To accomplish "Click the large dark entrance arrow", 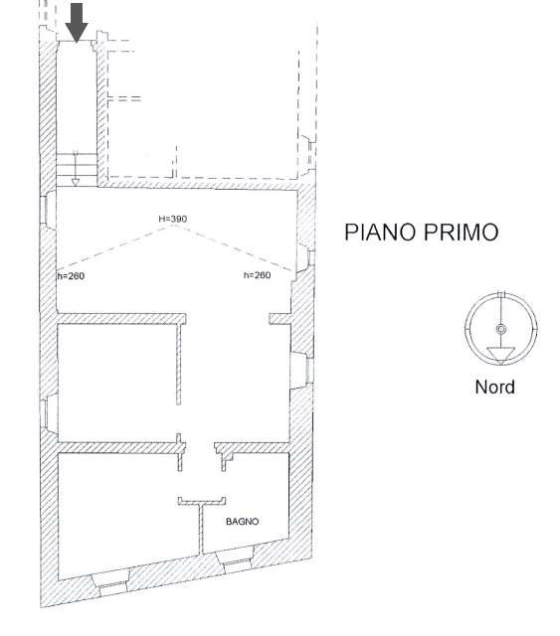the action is click(x=77, y=22).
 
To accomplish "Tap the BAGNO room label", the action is click(x=242, y=521).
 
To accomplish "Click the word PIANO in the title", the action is click(x=381, y=232).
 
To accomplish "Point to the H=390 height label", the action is click(x=173, y=219).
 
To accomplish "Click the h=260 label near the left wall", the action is click(x=71, y=276).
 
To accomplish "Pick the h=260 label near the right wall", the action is click(x=257, y=275).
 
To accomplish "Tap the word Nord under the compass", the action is click(x=495, y=387).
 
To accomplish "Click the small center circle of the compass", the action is click(x=501, y=329).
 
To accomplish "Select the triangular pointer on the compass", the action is click(x=500, y=355).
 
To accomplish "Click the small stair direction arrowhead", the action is click(x=76, y=183).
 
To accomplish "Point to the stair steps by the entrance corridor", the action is click(x=77, y=170).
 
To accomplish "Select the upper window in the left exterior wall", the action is click(x=49, y=210).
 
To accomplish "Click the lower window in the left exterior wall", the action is click(x=49, y=413).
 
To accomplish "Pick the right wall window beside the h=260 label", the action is click(x=305, y=257).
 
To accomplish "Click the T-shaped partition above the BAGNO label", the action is click(x=202, y=524).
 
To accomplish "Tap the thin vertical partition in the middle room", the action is click(x=179, y=364).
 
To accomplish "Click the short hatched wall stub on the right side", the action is click(x=280, y=318).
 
